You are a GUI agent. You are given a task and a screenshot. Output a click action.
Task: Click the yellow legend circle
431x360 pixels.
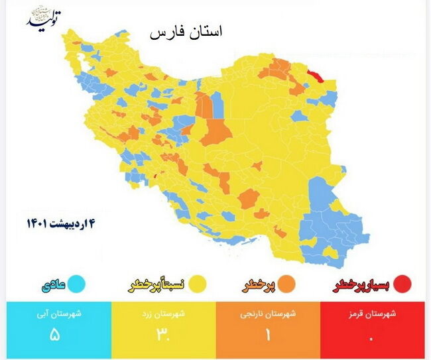point(197,284)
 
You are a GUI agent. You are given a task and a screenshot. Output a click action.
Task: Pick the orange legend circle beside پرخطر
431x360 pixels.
point(286,284)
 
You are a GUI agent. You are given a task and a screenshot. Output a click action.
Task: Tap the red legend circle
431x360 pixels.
point(402,284)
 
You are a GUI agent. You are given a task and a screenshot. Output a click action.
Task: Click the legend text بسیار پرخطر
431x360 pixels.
point(362,284)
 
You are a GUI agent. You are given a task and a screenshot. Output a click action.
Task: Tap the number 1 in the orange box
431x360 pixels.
point(268,335)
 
